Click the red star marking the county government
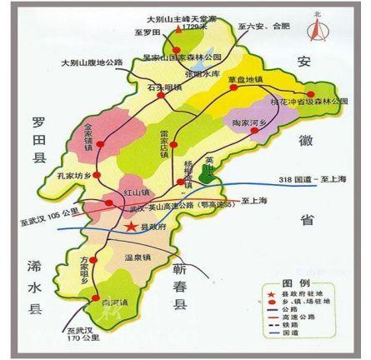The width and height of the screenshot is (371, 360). pyautogui.click(x=129, y=225)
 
